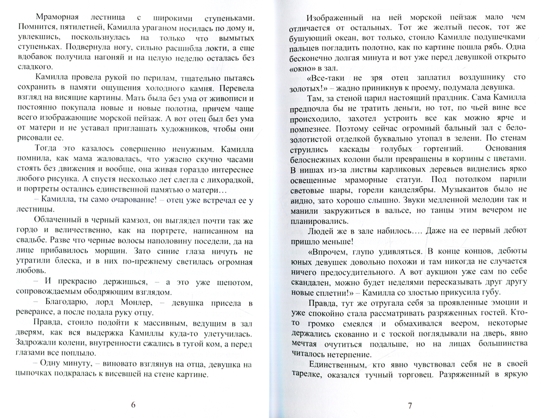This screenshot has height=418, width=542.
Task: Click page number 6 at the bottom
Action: (133, 404)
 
